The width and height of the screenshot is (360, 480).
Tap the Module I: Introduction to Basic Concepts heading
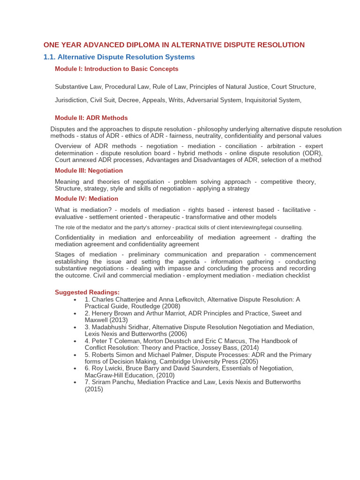[x=116, y=69]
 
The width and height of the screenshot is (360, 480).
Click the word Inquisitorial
[x=256, y=100]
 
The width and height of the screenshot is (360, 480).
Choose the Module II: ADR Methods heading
[x=91, y=118]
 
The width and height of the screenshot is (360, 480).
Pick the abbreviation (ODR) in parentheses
[x=313, y=153]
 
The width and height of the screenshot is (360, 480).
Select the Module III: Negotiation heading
[x=89, y=171]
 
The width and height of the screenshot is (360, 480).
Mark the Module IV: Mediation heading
[x=86, y=199]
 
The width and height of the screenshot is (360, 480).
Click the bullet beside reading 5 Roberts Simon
[x=75, y=355]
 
